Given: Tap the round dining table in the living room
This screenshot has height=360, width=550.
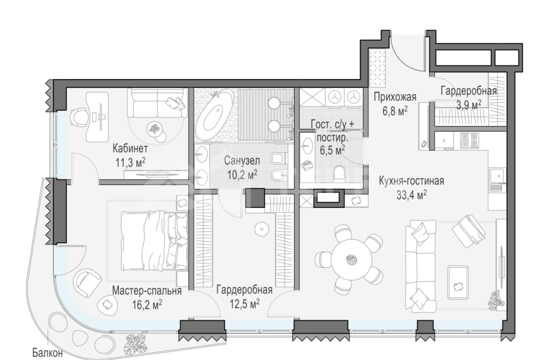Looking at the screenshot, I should (x=348, y=258).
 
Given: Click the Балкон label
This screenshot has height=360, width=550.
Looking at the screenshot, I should (x=48, y=353).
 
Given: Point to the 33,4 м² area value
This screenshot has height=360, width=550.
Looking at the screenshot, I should (x=412, y=194).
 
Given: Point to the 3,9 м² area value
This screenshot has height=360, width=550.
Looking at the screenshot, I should (x=469, y=103).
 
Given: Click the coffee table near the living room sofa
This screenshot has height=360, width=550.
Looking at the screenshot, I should (x=457, y=277).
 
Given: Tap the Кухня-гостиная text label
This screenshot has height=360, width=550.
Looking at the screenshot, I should (x=411, y=181).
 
